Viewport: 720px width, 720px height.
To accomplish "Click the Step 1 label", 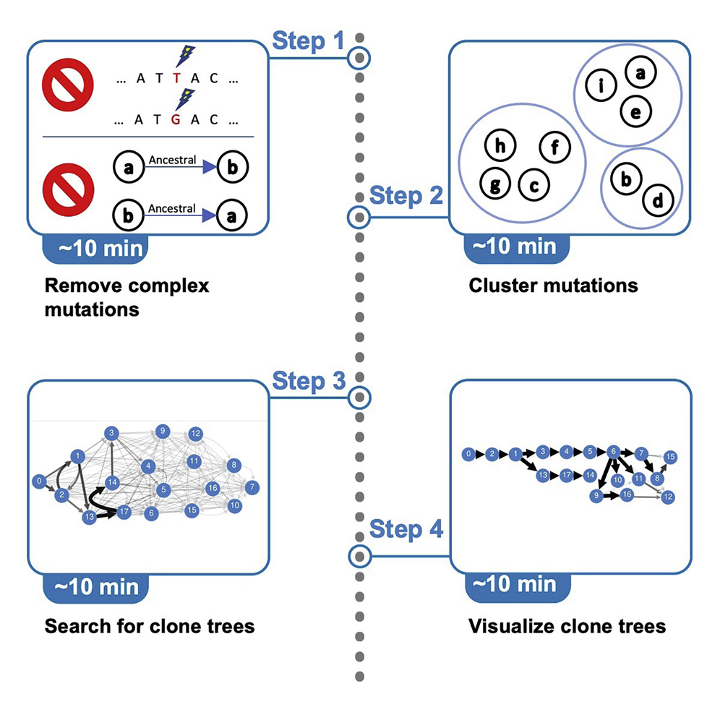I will point(308,41).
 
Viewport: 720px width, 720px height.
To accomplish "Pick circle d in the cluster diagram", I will point(657,198).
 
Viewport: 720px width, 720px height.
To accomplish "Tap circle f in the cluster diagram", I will point(555,147).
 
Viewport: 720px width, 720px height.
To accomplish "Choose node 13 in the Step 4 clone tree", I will point(542,475).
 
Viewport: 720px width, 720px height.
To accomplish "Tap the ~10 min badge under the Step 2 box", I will point(516,247).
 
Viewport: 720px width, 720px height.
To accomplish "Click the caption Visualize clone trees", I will point(567,625).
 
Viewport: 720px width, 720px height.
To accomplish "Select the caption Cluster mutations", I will point(553,285).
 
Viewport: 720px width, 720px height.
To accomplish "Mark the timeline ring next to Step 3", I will point(359,397).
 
